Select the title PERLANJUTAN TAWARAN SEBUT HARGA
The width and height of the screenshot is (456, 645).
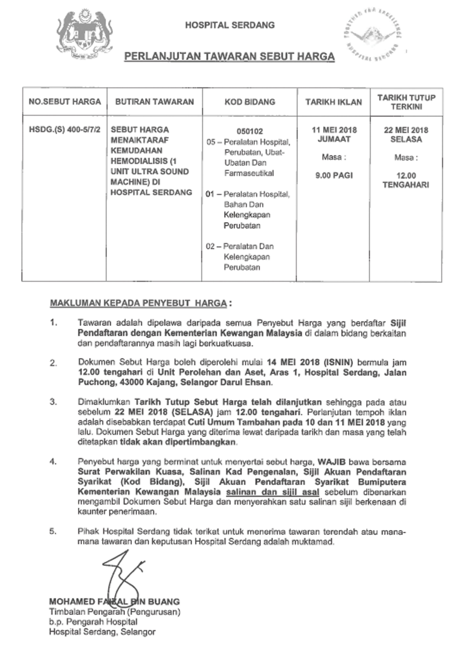click(229, 56)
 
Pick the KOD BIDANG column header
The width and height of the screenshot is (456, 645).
click(250, 102)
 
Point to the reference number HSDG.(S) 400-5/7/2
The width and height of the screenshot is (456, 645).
click(65, 130)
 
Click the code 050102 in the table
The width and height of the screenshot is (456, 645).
click(250, 131)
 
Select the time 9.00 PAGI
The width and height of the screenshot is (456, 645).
click(334, 176)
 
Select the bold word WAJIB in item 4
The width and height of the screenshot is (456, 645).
click(332, 462)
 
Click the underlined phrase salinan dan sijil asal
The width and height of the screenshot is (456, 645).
click(272, 492)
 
